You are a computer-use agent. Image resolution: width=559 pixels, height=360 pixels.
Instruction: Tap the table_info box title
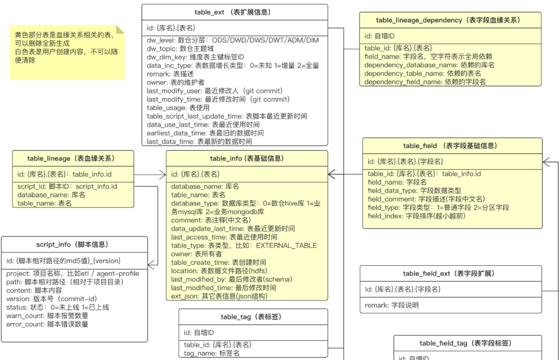[247, 158]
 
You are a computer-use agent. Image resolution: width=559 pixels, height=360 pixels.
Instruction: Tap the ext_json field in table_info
[219, 296]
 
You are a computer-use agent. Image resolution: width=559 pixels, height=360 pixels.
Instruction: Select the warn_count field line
[47, 316]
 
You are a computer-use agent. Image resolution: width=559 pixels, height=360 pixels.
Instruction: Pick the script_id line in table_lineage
[67, 186]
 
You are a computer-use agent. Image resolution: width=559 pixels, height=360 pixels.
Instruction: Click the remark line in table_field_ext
[392, 305]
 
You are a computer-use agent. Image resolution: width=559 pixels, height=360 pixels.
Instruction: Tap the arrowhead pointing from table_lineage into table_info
[162, 175]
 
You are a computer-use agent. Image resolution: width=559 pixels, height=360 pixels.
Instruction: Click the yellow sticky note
[67, 52]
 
